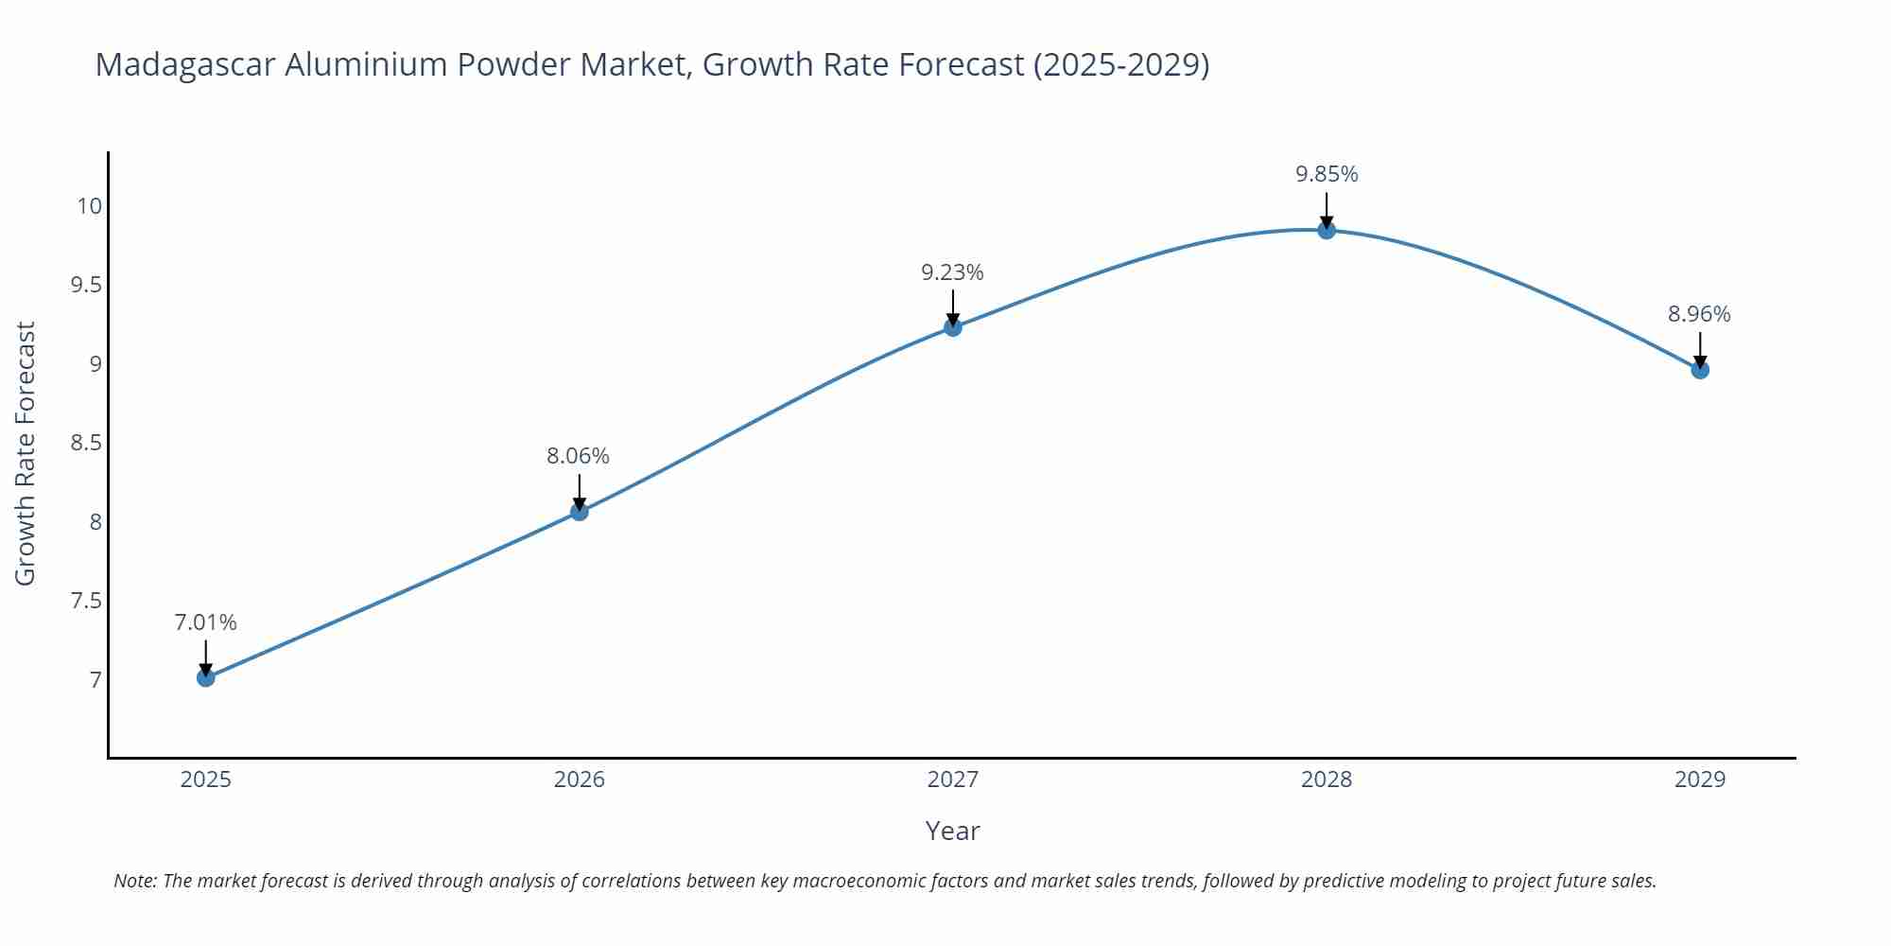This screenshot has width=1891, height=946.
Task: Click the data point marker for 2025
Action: point(206,677)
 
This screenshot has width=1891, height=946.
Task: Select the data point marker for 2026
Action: point(580,512)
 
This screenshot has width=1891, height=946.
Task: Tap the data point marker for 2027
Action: point(953,327)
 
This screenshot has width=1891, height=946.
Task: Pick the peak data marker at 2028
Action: point(1327,230)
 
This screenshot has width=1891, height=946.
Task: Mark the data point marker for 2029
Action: point(1700,370)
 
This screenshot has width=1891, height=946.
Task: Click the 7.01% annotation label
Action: point(205,622)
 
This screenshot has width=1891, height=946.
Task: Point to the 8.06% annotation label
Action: point(578,456)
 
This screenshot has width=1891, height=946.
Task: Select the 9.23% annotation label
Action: point(952,272)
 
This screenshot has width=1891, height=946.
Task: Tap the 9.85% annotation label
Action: point(1327,174)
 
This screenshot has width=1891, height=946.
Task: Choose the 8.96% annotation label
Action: point(1699,314)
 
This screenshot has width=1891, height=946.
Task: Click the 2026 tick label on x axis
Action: point(579,780)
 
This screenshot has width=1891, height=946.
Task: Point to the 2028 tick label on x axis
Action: point(1327,780)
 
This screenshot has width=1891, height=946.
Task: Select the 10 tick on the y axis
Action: point(89,206)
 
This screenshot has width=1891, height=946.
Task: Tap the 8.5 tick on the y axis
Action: point(86,443)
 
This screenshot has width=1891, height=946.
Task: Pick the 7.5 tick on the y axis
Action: point(86,601)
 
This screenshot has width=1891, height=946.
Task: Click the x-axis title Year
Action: point(952,831)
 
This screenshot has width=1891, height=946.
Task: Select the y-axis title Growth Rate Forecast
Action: point(26,453)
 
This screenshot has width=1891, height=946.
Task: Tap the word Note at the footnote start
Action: point(134,881)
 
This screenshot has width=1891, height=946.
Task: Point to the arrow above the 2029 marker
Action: point(1700,349)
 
